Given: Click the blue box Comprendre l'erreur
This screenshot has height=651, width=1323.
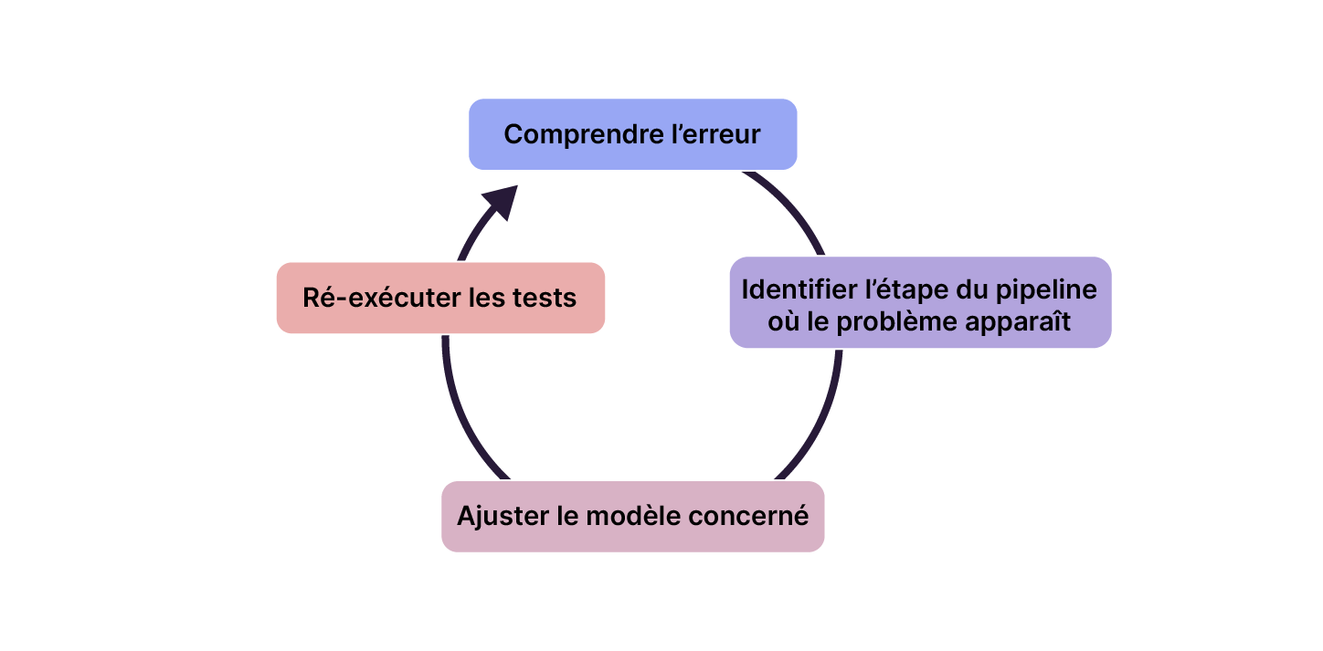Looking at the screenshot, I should click(632, 134).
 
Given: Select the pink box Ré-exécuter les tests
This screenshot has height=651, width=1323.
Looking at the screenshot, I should click(440, 298).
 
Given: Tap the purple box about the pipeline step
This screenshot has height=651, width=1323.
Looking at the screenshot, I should click(920, 302).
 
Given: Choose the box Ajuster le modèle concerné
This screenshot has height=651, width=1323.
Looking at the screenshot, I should click(632, 516).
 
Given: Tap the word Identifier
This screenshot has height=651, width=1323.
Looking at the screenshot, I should click(801, 289).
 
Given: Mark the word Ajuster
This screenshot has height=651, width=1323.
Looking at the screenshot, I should click(503, 516).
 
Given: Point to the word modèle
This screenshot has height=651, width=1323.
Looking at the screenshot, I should click(631, 516).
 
